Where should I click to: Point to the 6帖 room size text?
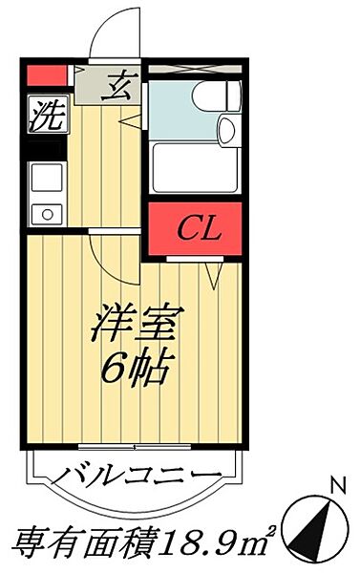pos(138,368)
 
